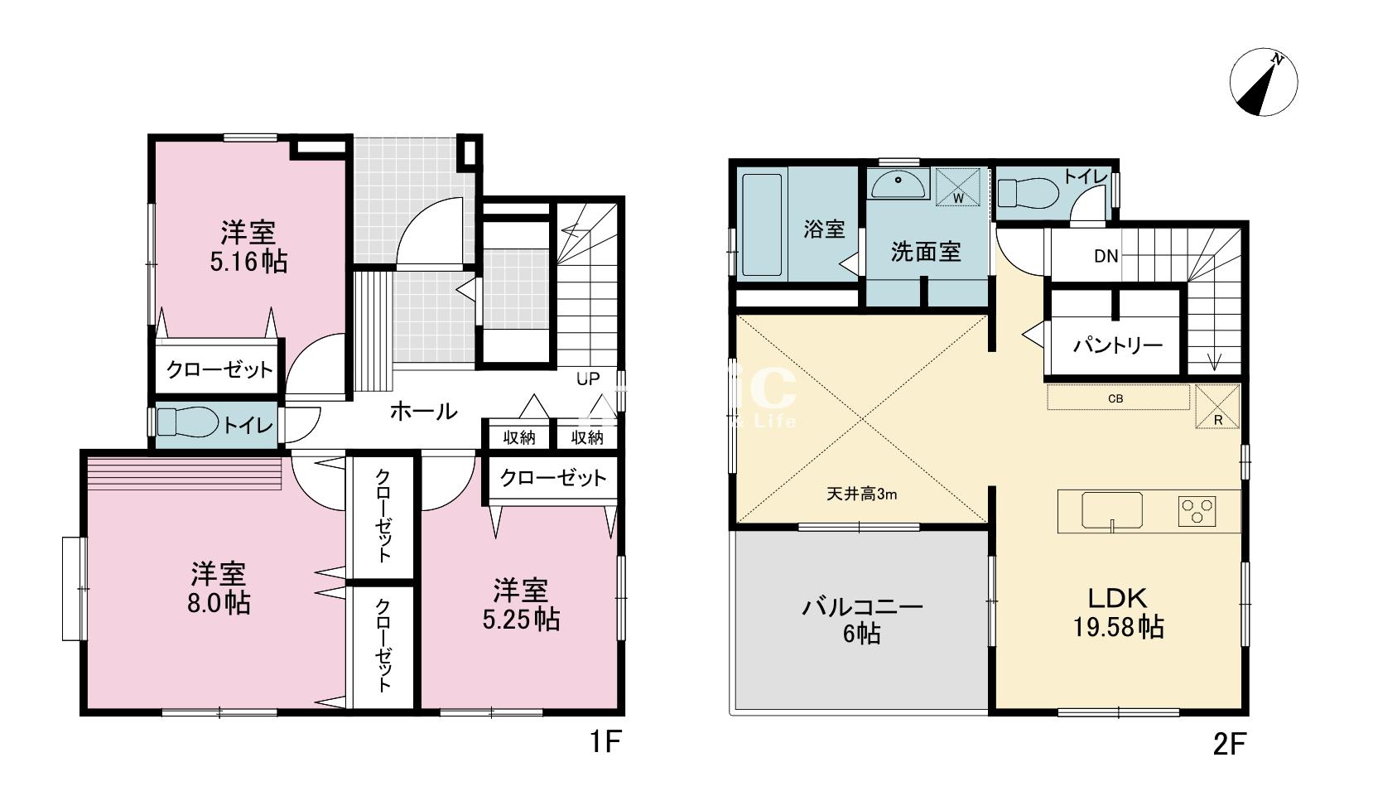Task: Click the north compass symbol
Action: pos(1263,83)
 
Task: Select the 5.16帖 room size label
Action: pos(248,262)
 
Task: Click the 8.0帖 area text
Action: pos(219,602)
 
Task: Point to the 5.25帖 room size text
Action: pos(521,619)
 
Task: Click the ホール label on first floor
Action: pos(423,410)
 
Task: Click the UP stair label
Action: pos(588,379)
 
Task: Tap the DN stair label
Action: pos(1106,256)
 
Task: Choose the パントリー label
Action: pos(1118,345)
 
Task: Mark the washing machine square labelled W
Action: pos(958,186)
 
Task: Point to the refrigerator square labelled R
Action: pos(1217,407)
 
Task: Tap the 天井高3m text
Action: pos(861,494)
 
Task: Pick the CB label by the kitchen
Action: pos(1115,398)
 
